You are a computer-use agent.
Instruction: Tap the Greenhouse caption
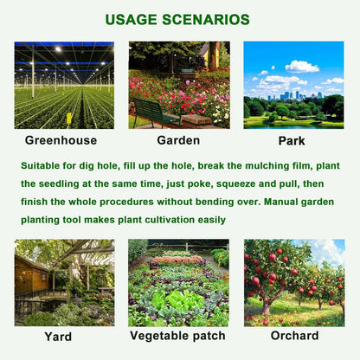(61, 139)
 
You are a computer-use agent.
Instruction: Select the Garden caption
(178, 139)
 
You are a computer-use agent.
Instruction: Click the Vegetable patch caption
(177, 335)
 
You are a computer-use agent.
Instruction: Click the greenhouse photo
(64, 85)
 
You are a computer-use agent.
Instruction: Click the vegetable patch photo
(178, 283)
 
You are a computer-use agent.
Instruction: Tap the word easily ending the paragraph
(209, 221)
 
